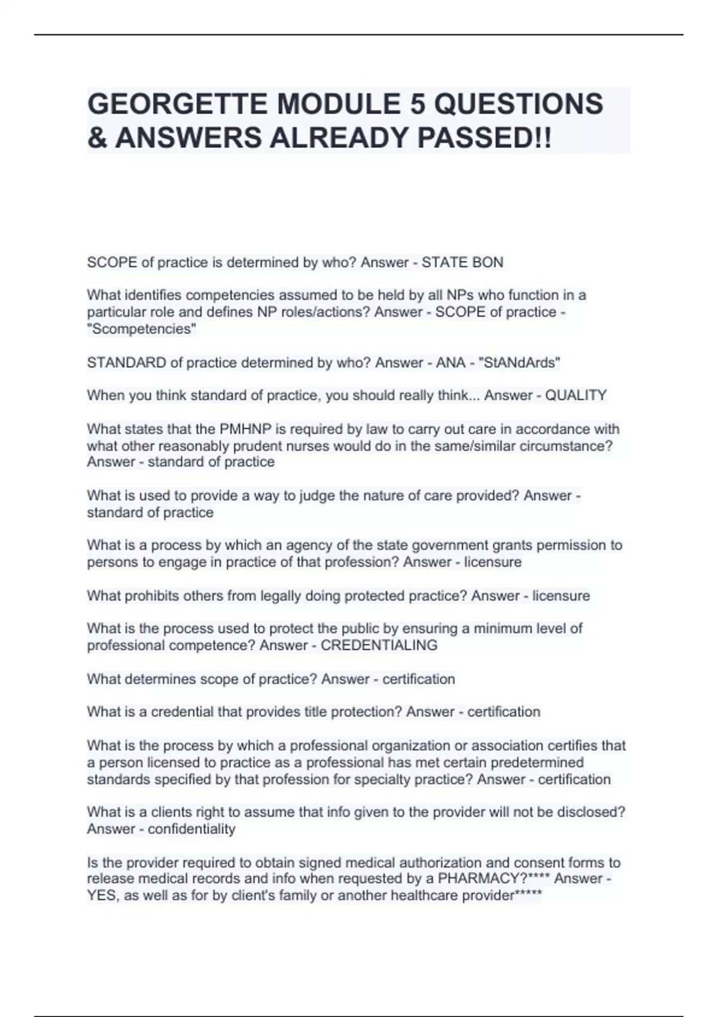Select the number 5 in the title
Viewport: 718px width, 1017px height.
click(417, 104)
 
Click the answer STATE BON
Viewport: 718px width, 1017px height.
click(463, 263)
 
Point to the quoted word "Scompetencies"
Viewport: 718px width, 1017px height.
click(142, 329)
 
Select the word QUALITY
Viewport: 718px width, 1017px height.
click(576, 395)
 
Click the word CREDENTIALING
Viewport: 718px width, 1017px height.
click(379, 645)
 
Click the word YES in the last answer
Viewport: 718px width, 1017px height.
click(102, 896)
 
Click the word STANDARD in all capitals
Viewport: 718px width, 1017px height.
click(126, 363)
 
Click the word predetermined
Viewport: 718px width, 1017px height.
click(534, 763)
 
